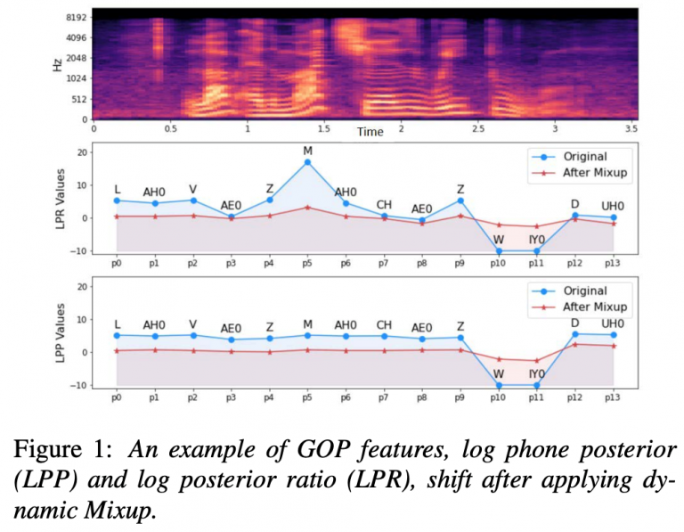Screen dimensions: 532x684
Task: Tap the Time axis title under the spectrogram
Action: click(x=370, y=132)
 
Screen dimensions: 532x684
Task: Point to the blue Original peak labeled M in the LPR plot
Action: click(x=307, y=162)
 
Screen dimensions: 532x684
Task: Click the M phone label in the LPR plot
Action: click(x=307, y=151)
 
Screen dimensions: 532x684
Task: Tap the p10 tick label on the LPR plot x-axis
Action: click(x=498, y=266)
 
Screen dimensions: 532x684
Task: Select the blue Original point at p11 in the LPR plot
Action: click(x=536, y=250)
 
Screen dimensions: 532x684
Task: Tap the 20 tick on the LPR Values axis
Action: click(x=82, y=152)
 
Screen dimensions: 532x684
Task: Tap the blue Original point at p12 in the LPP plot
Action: click(x=574, y=334)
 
